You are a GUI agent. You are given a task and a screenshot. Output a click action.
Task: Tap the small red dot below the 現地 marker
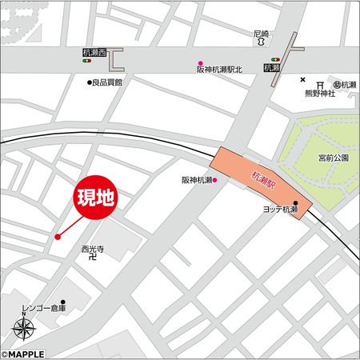pos(58,236)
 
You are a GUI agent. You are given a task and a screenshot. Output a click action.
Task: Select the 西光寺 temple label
pos(93,249)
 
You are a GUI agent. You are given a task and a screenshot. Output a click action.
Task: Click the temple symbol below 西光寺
pos(93,258)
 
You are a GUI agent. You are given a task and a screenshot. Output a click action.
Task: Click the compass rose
pos(24,328)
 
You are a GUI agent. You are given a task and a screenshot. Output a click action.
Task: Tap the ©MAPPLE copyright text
pos(23,354)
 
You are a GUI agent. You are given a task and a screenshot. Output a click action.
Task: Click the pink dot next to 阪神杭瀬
pos(215,181)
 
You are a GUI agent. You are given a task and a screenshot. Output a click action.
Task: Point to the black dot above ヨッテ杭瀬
pos(295,203)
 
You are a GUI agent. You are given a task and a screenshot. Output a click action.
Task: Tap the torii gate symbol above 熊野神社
pos(320,85)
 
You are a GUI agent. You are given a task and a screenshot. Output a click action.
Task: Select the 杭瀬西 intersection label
pos(94,53)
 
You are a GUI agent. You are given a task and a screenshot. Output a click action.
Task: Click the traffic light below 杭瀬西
pos(88,61)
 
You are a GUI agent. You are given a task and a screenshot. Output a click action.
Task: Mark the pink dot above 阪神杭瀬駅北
pos(201,62)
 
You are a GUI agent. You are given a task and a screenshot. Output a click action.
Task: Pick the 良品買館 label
pos(107,82)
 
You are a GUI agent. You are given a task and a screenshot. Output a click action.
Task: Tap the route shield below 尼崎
pos(261,46)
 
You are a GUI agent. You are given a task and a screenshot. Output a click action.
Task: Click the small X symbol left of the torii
pos(303,79)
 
